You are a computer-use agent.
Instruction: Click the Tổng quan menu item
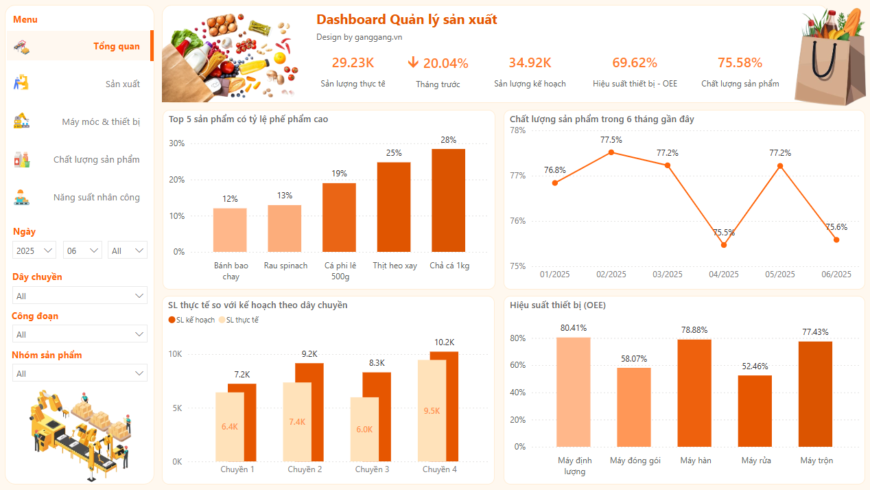pyautogui.click(x=116, y=47)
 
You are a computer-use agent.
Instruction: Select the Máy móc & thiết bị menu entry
pyautogui.click(x=101, y=122)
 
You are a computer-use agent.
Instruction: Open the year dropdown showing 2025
pyautogui.click(x=34, y=250)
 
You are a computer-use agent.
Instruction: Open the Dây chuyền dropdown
pyautogui.click(x=80, y=296)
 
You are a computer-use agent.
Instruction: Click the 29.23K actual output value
pyautogui.click(x=353, y=62)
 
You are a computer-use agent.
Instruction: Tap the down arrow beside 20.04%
pyautogui.click(x=413, y=62)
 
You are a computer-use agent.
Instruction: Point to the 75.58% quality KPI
pyautogui.click(x=740, y=62)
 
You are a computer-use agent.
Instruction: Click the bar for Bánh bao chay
pyautogui.click(x=230, y=230)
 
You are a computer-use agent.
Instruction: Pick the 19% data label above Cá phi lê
pyautogui.click(x=340, y=174)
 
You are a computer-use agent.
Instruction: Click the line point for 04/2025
pyautogui.click(x=724, y=245)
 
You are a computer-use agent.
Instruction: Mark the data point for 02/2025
pyautogui.click(x=611, y=152)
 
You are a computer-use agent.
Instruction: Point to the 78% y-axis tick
pyautogui.click(x=517, y=130)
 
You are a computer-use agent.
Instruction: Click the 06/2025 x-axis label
pyautogui.click(x=836, y=275)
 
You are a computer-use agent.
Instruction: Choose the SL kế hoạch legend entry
pyautogui.click(x=191, y=320)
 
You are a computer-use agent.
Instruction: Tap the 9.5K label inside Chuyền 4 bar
pyautogui.click(x=432, y=411)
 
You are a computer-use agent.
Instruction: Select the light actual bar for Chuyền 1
pyautogui.click(x=229, y=426)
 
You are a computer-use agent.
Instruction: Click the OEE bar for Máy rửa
pyautogui.click(x=755, y=411)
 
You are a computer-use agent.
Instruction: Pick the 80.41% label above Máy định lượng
pyautogui.click(x=573, y=328)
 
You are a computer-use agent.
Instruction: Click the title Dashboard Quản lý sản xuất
pyautogui.click(x=406, y=20)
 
